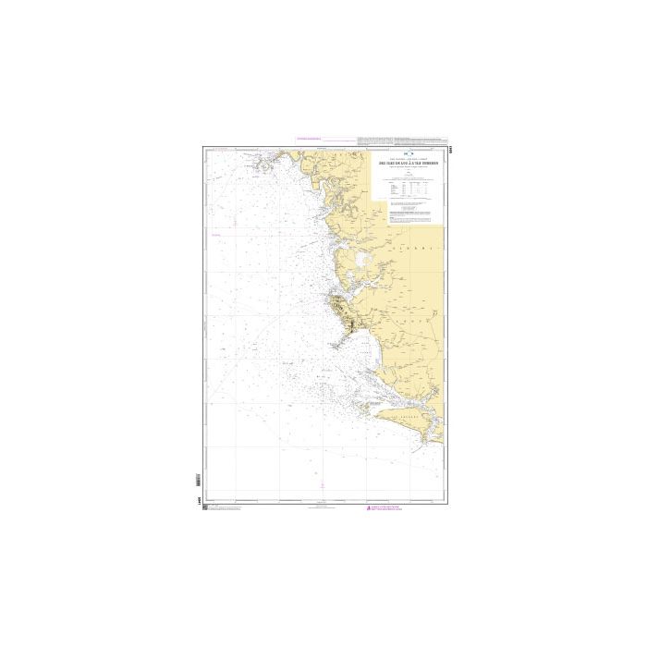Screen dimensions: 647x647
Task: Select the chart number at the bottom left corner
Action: click(x=201, y=499)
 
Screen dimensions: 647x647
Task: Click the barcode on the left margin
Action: click(x=198, y=482)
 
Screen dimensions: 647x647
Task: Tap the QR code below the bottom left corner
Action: click(x=204, y=509)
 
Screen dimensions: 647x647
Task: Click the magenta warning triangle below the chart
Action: click(x=369, y=509)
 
